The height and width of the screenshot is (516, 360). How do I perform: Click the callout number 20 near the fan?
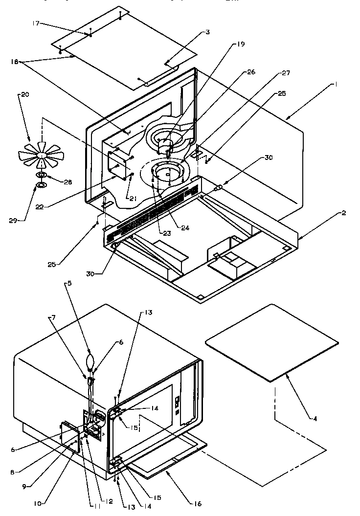coord(23,94)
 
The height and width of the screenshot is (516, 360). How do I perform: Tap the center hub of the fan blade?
coord(43,155)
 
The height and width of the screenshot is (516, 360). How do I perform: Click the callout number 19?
coord(241,45)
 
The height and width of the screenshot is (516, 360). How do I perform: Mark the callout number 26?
coord(251,72)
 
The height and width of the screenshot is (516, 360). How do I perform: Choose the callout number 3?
coord(207,32)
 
